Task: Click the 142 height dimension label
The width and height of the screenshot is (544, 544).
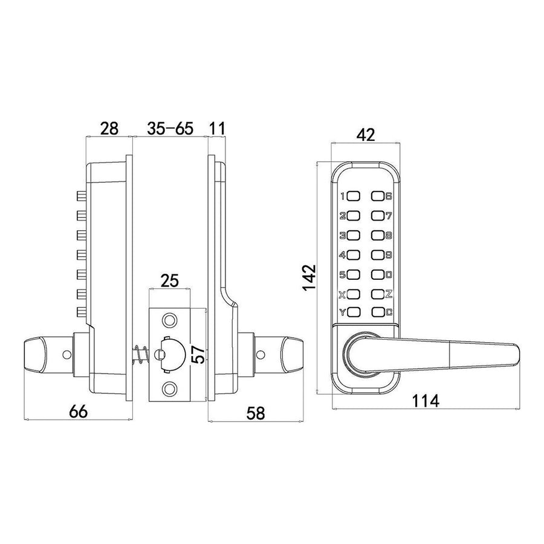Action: tap(308, 278)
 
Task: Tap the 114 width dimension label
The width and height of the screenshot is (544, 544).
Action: tap(426, 401)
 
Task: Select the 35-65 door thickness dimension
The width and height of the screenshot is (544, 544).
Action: tap(170, 128)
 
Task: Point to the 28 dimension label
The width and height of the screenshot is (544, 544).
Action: tap(109, 128)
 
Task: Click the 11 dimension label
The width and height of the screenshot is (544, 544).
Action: tap(218, 128)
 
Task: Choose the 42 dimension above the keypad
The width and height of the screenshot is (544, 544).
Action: tap(366, 135)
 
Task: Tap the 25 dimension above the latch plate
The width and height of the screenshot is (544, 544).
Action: tap(170, 280)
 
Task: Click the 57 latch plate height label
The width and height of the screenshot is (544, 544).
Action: tap(199, 354)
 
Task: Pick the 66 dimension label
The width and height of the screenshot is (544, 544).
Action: tap(79, 412)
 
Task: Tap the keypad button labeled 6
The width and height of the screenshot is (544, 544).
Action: tap(378, 196)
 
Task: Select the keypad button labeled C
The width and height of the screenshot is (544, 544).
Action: tap(378, 312)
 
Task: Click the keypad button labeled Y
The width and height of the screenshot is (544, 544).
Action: tap(353, 312)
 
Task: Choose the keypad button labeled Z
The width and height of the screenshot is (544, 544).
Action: tap(378, 294)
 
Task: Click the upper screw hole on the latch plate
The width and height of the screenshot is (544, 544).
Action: tap(169, 320)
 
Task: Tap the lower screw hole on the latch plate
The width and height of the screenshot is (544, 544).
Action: tap(169, 389)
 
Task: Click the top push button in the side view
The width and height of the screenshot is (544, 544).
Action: tap(81, 196)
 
